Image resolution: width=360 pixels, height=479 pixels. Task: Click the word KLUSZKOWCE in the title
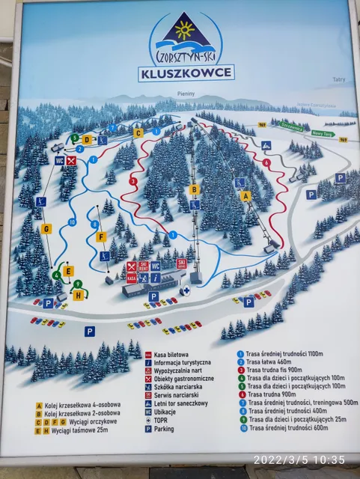[186, 73]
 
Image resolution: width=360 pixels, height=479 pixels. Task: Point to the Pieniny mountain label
[186, 94]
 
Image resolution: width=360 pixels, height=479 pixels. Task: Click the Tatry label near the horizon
[339, 79]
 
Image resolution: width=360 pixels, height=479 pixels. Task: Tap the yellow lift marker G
[46, 228]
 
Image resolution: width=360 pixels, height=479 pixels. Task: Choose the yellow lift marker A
[245, 195]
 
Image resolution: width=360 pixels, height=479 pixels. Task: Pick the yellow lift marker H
[78, 295]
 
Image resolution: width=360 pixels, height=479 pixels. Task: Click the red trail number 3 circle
[132, 181]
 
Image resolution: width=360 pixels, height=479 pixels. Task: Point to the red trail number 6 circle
[266, 162]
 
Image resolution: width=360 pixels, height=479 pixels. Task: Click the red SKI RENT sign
[143, 266]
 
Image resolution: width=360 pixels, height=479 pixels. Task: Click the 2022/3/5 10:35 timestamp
[300, 460]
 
